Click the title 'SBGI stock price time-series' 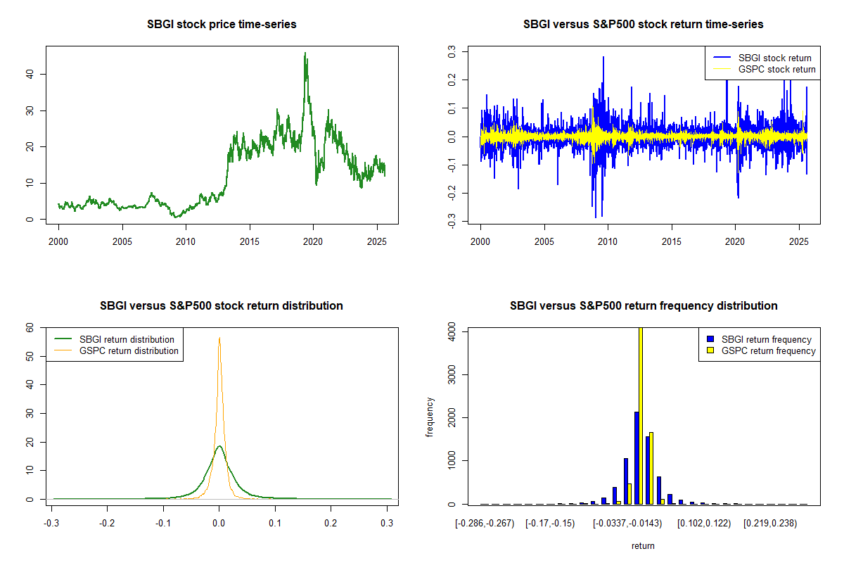point(222,25)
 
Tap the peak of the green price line point(305,53)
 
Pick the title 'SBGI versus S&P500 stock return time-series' point(644,25)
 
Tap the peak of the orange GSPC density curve point(219,338)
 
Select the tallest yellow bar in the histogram point(640,415)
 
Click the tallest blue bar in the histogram point(636,457)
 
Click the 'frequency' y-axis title point(430,417)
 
